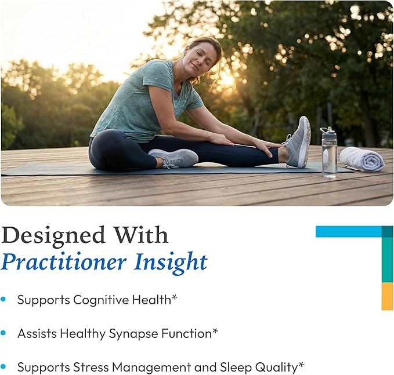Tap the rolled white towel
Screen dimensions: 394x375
pyautogui.click(x=362, y=159)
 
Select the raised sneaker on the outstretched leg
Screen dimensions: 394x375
pyautogui.click(x=297, y=143)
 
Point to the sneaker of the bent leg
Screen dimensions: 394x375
pyautogui.click(x=173, y=158)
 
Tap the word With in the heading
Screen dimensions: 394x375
pyautogui.click(x=142, y=235)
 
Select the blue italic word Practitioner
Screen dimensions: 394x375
pyautogui.click(x=63, y=263)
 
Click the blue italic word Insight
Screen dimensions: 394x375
pyautogui.click(x=171, y=263)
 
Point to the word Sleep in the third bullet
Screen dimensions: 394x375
pyautogui.click(x=236, y=367)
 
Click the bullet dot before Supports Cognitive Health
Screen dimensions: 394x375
pyautogui.click(x=3, y=299)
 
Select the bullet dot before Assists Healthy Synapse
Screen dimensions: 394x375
pyautogui.click(x=3, y=333)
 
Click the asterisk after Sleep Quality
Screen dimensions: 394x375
pyautogui.click(x=301, y=365)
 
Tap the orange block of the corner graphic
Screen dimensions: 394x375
pyautogui.click(x=387, y=296)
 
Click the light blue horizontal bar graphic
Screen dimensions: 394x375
pyautogui.click(x=349, y=232)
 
